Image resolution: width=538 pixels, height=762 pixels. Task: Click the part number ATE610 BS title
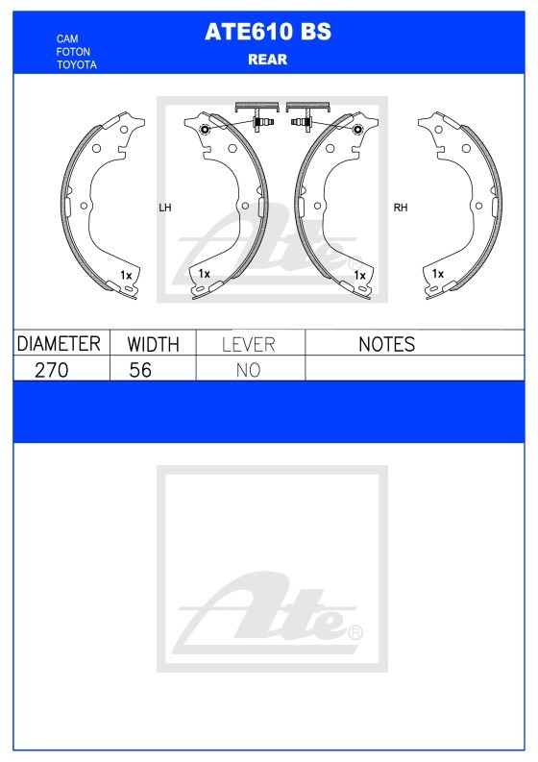[x=268, y=32]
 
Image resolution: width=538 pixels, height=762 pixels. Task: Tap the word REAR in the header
[x=268, y=60]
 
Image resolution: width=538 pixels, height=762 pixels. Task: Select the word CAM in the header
[x=67, y=38]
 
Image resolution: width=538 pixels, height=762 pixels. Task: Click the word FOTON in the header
[x=73, y=52]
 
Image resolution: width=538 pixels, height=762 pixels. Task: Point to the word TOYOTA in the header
[x=76, y=64]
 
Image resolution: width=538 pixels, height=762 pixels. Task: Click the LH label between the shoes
[x=165, y=208]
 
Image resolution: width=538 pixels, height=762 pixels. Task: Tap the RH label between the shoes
[x=401, y=208]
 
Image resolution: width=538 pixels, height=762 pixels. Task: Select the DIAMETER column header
[x=59, y=344]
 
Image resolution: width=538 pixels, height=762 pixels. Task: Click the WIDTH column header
[x=153, y=344]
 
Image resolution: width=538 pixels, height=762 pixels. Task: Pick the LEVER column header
[x=249, y=345]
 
